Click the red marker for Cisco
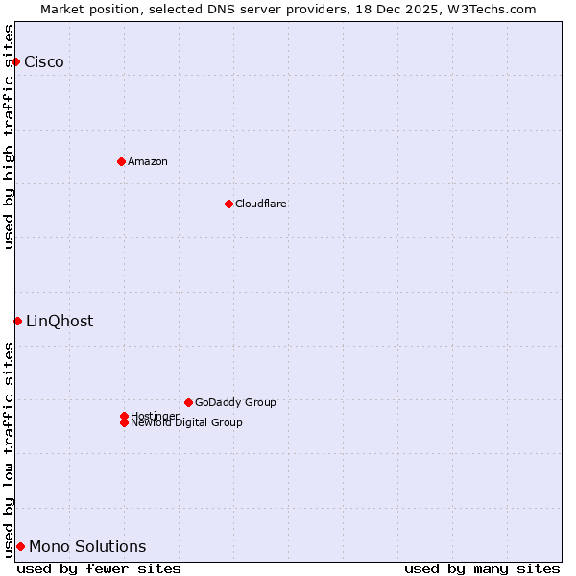click(15, 61)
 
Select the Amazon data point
click(121, 161)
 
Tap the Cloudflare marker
click(228, 204)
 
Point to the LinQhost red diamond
click(17, 321)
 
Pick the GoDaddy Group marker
click(188, 402)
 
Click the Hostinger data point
click(124, 416)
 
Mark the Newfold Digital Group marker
click(124, 422)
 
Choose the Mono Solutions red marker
click(20, 546)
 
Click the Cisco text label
click(44, 62)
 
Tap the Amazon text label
click(148, 161)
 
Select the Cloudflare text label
click(261, 204)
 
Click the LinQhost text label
click(60, 322)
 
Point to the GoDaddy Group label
click(235, 402)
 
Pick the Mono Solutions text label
click(87, 547)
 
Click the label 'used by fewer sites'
click(99, 568)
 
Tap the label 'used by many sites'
click(482, 568)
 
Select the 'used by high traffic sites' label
click(9, 136)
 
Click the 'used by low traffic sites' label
click(9, 448)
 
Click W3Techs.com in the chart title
click(493, 9)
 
